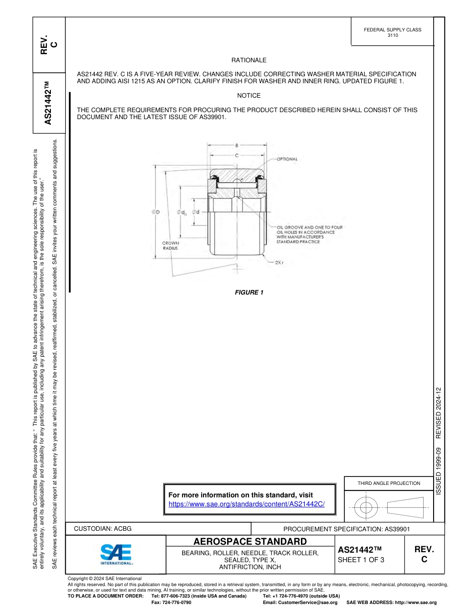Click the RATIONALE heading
(248, 60)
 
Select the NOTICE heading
(248, 96)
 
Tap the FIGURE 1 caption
(249, 293)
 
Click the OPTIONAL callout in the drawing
(287, 159)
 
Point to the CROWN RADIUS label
(170, 245)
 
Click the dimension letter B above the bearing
(237, 146)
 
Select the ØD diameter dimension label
(156, 212)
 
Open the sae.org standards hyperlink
(246, 504)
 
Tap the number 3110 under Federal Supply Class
(393, 36)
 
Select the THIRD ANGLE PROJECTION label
(389, 483)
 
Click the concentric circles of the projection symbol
(366, 507)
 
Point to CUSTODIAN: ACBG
(103, 528)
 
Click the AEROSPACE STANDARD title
(250, 542)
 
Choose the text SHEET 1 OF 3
(361, 560)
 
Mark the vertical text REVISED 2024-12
(439, 413)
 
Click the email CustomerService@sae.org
(309, 603)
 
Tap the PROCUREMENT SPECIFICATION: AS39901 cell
(346, 529)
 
